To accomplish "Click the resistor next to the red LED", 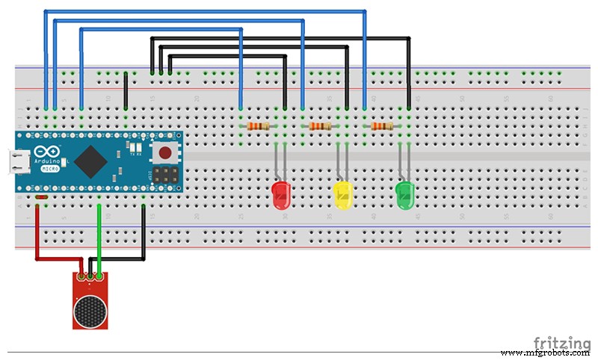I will (259, 126).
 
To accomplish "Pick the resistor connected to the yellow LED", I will (320, 126).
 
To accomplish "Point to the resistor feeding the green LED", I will (382, 126).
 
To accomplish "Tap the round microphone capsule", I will (90, 308).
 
